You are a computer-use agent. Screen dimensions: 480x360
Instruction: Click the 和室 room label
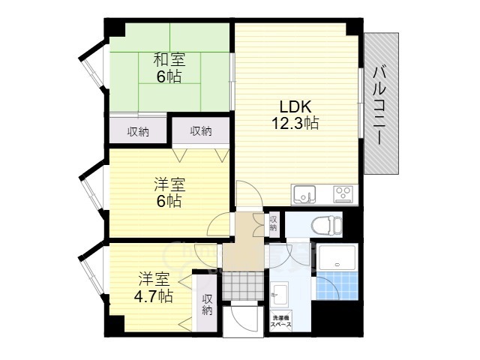pyautogui.click(x=169, y=60)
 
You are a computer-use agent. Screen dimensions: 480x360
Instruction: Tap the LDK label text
pyautogui.click(x=295, y=106)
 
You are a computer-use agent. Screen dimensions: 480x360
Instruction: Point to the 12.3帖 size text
pyautogui.click(x=295, y=123)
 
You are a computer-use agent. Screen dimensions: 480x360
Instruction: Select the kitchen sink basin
pyautogui.click(x=303, y=194)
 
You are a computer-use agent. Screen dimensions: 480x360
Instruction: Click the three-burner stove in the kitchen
pyautogui.click(x=343, y=194)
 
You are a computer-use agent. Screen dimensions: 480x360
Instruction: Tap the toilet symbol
pyautogui.click(x=325, y=226)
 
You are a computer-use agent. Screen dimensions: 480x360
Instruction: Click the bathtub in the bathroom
pyautogui.click(x=337, y=257)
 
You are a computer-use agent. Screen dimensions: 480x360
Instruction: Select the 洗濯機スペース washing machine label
pyautogui.click(x=280, y=322)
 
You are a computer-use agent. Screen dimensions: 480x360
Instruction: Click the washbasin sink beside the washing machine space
pyautogui.click(x=280, y=294)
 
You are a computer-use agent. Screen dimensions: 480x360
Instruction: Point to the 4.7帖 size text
pyautogui.click(x=154, y=296)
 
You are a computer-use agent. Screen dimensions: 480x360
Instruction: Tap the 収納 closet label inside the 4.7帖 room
pyautogui.click(x=207, y=304)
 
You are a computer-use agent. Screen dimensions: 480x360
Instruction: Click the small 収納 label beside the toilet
pyautogui.click(x=273, y=223)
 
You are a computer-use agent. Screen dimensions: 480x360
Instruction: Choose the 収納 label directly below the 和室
pyautogui.click(x=138, y=132)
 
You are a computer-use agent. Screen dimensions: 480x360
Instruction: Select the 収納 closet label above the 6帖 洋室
pyautogui.click(x=201, y=131)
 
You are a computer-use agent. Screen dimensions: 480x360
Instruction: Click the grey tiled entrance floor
pyautogui.click(x=242, y=286)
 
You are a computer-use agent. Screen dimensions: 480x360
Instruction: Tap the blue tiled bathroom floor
pyautogui.click(x=337, y=286)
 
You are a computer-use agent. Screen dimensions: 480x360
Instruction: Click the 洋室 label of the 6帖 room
pyautogui.click(x=169, y=185)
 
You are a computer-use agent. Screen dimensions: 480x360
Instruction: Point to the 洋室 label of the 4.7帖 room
pyautogui.click(x=154, y=280)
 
